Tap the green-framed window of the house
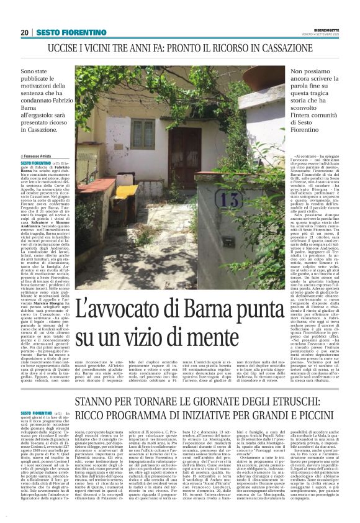tap(142, 134)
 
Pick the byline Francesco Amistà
tap(40, 157)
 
